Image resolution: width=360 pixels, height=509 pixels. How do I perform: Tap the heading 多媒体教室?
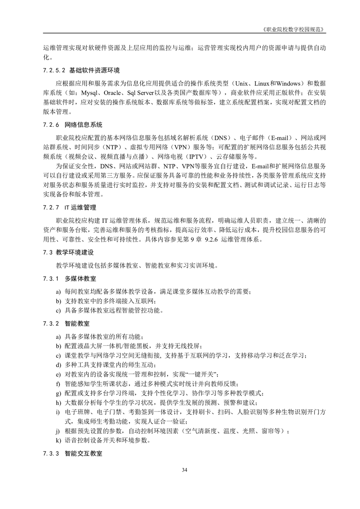click(x=77, y=278)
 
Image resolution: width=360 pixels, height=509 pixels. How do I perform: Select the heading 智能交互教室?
click(x=84, y=453)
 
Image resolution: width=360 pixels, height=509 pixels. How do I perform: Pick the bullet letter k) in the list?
click(x=58, y=440)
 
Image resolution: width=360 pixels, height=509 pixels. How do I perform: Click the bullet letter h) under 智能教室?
click(x=58, y=402)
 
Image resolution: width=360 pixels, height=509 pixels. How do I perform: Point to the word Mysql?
click(x=90, y=93)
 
